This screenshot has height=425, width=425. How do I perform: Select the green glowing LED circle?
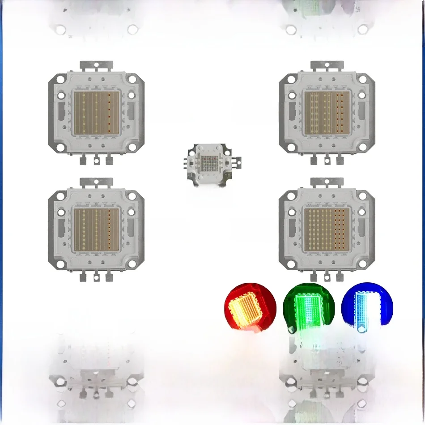[309, 307]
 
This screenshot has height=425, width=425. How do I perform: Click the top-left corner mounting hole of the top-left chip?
[59, 80]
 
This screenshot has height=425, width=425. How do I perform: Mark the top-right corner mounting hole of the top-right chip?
[363, 80]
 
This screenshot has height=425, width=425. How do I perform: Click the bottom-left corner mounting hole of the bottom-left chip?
[59, 264]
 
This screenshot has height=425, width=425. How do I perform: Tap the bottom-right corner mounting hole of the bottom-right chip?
[363, 264]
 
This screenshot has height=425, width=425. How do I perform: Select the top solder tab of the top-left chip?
[96, 65]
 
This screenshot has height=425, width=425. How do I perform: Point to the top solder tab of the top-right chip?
[327, 65]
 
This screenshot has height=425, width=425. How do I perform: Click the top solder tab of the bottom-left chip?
[96, 182]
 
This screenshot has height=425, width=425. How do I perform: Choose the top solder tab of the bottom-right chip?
[327, 182]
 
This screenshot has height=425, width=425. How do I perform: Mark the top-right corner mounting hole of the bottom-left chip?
[133, 195]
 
